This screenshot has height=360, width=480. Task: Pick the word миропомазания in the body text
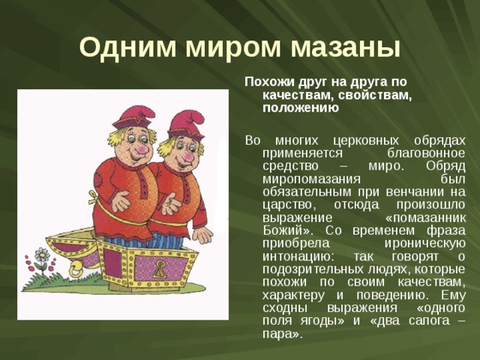[307, 178]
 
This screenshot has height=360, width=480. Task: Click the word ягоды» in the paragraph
[298, 320]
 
